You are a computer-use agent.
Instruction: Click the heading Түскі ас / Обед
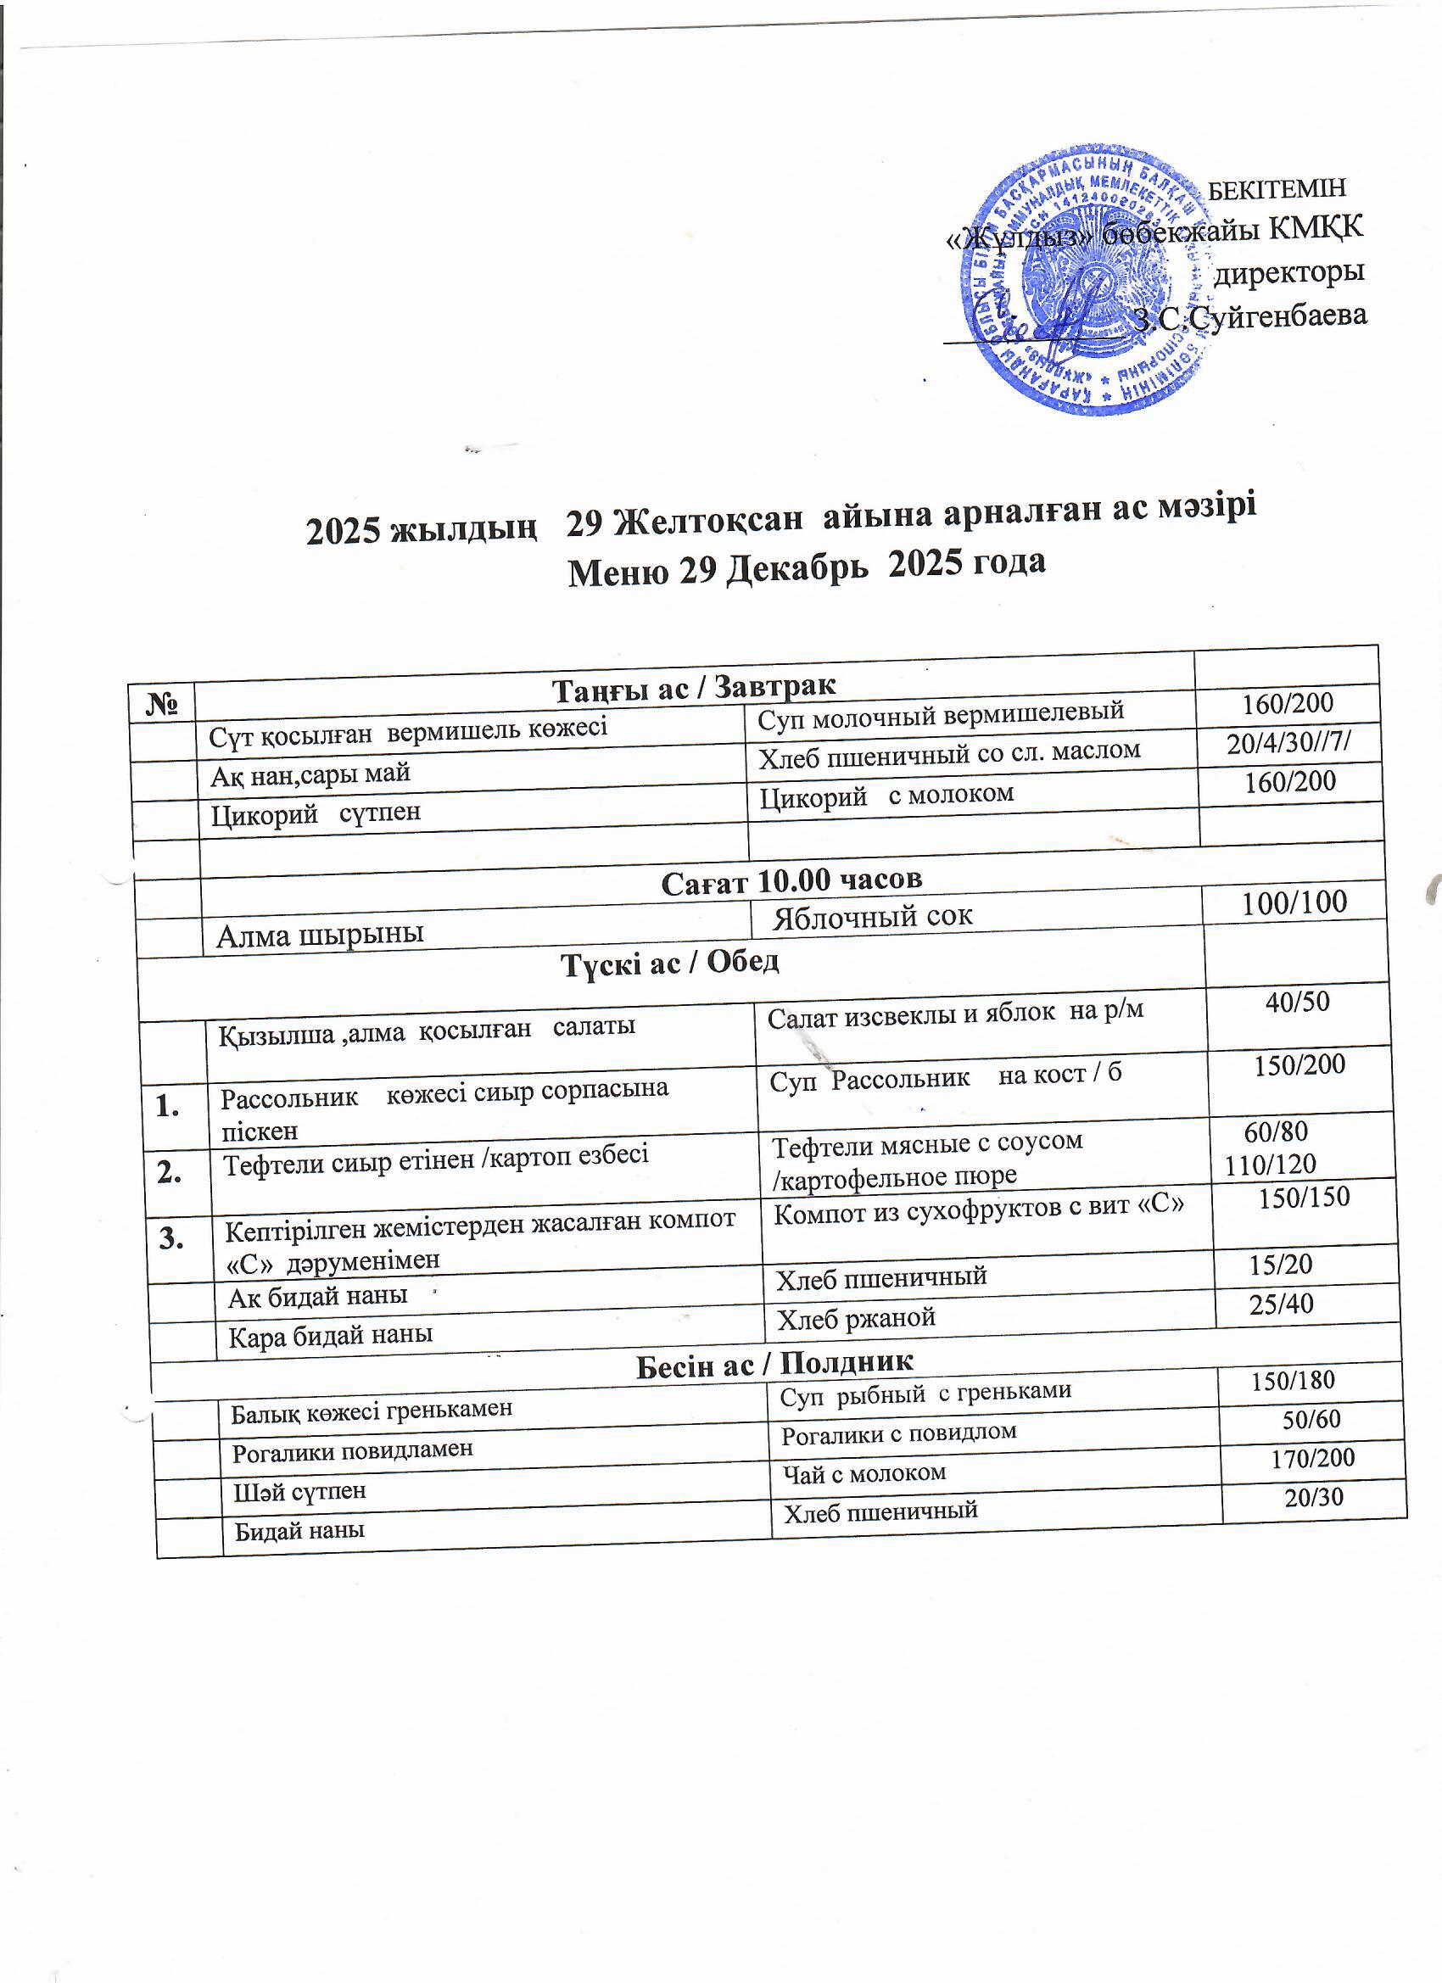669,963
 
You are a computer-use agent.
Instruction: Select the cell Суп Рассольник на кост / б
944,1075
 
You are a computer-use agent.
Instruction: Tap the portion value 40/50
1297,1002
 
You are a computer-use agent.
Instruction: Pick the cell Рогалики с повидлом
898,1433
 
